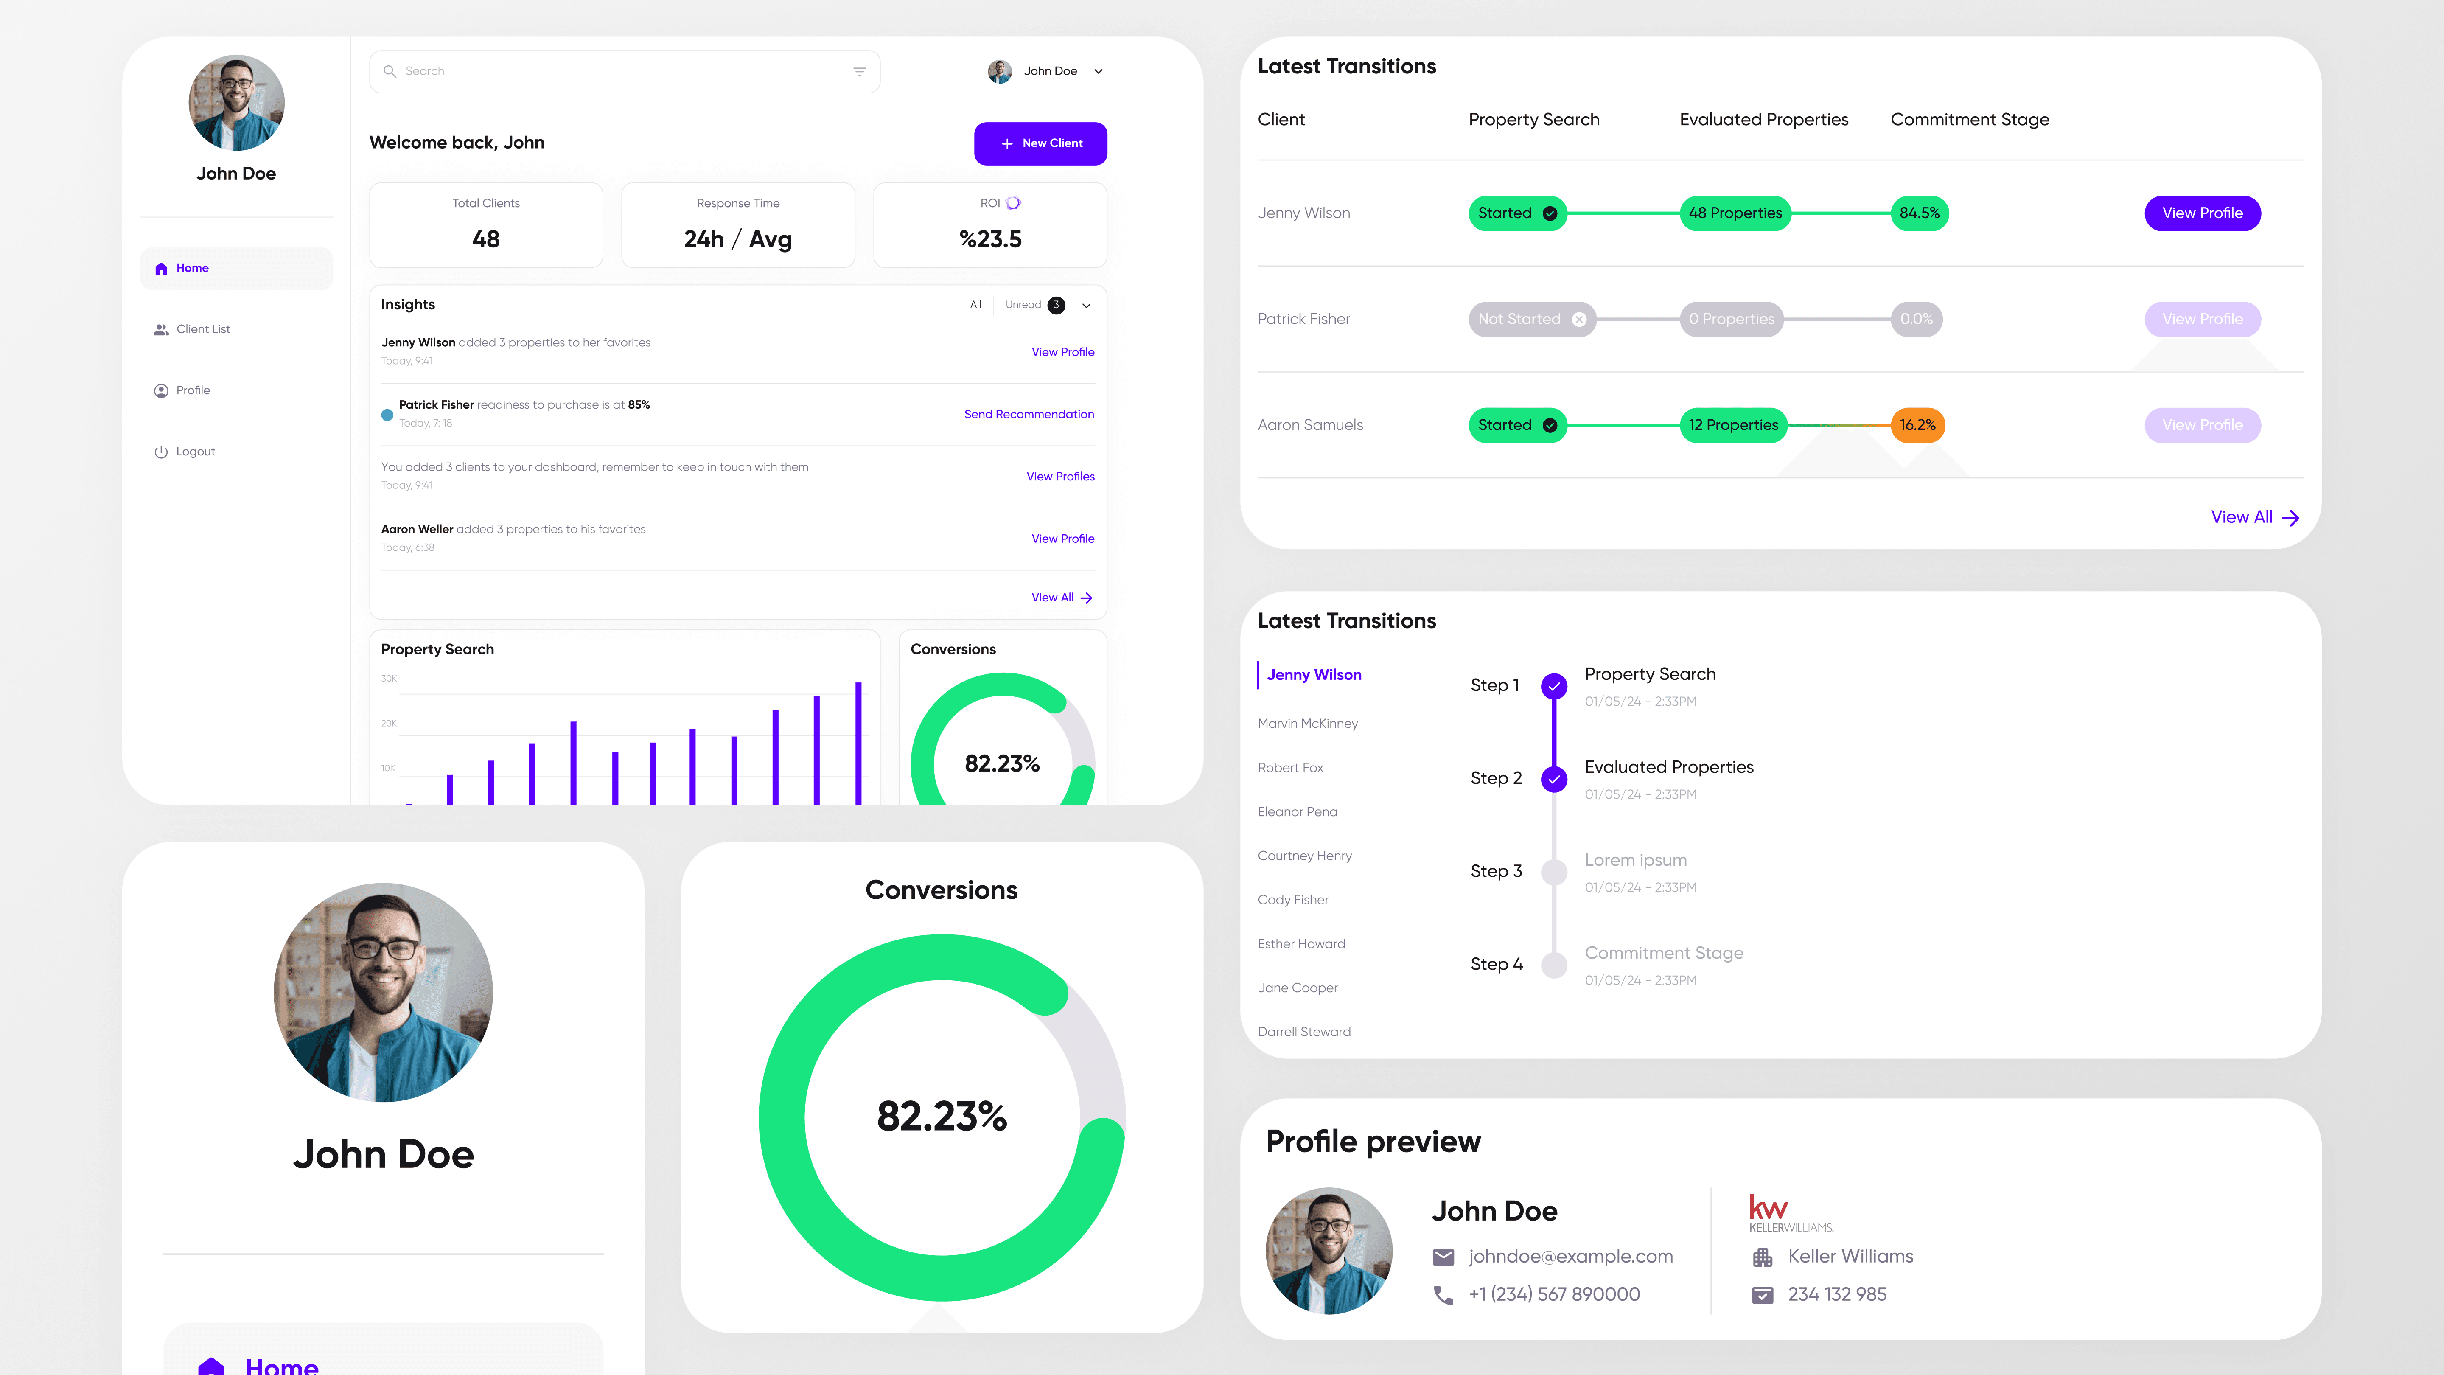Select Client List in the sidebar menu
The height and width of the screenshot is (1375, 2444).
pyautogui.click(x=203, y=329)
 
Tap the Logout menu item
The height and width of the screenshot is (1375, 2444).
pyautogui.click(x=196, y=452)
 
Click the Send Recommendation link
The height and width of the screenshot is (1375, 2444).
pyautogui.click(x=1029, y=415)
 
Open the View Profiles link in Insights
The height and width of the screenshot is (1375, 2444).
pyautogui.click(x=1060, y=476)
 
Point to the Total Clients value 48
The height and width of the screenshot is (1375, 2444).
pyautogui.click(x=486, y=239)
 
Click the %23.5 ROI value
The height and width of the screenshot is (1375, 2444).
pyautogui.click(x=989, y=239)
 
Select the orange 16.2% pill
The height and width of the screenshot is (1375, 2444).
pyautogui.click(x=1917, y=425)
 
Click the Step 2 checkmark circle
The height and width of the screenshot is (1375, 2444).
pyautogui.click(x=1553, y=779)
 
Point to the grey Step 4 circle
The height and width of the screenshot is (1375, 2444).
pyautogui.click(x=1553, y=965)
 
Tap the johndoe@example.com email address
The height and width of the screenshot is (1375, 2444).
pyautogui.click(x=1570, y=1256)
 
